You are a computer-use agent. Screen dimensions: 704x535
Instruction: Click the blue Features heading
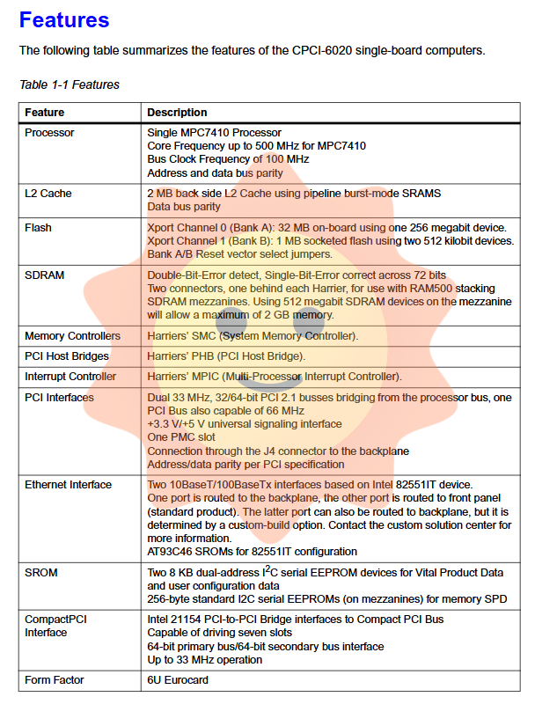tap(64, 20)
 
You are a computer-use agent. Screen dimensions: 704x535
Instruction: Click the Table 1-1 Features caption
tap(70, 84)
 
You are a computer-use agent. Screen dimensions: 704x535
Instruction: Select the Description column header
tap(177, 113)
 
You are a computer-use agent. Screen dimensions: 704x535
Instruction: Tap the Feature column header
tap(44, 113)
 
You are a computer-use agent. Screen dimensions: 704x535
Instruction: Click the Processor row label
tap(49, 133)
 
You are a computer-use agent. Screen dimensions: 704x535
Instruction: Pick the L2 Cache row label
tap(48, 193)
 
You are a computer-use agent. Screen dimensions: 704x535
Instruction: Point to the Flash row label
tap(38, 228)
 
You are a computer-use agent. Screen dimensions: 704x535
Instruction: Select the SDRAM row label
tap(43, 275)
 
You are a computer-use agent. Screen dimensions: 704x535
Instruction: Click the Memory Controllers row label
tap(72, 336)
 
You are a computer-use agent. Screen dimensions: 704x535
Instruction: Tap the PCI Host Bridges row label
tap(67, 356)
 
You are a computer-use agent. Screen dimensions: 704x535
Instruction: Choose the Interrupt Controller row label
tap(70, 377)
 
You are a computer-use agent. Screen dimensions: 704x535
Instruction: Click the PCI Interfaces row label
tap(59, 397)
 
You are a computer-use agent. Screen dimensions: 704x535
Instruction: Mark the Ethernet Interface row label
tap(68, 485)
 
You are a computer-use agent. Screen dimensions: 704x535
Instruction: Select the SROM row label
tap(40, 573)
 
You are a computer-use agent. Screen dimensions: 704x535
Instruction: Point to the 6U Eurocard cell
tap(178, 680)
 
